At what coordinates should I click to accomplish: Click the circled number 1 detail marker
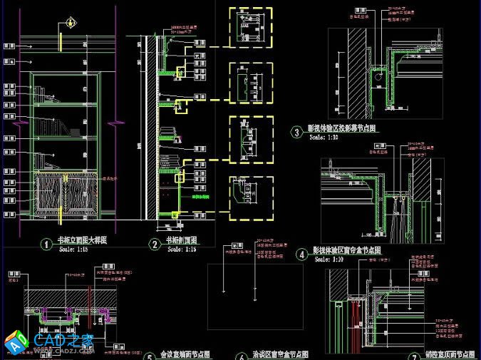[x=46, y=245]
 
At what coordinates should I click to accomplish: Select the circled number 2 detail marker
[x=154, y=245]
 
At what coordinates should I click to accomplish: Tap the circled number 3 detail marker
[x=296, y=132]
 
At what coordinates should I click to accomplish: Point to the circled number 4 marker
[x=301, y=253]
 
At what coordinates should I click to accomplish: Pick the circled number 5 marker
[x=149, y=356]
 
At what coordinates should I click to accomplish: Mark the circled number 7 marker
[x=414, y=356]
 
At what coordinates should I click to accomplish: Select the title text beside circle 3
[x=341, y=129]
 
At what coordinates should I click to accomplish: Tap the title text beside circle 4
[x=348, y=251]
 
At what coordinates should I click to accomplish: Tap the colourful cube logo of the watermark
[x=16, y=344]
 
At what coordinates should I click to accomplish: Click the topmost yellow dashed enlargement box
[x=250, y=29]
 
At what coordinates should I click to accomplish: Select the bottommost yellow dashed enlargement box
[x=250, y=193]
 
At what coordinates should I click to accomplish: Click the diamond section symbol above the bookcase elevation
[x=71, y=23]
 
